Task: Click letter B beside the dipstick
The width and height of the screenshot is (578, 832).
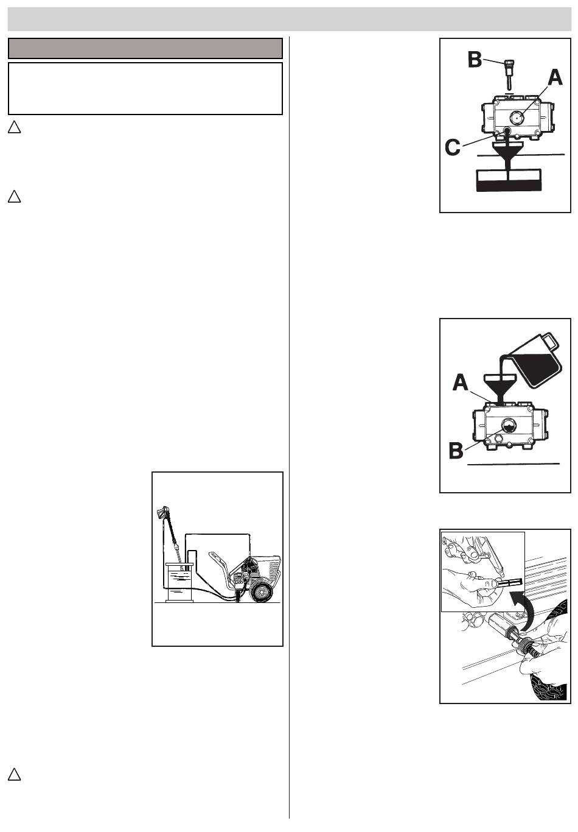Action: (x=475, y=60)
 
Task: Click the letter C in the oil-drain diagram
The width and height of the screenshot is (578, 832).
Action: (x=453, y=147)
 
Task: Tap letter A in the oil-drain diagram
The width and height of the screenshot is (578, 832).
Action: (x=555, y=78)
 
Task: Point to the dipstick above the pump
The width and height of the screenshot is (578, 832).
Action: (x=509, y=74)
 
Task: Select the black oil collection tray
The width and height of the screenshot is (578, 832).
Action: (x=507, y=181)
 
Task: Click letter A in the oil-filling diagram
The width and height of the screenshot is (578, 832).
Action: (x=461, y=383)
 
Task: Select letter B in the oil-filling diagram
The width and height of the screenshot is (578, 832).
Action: (x=456, y=451)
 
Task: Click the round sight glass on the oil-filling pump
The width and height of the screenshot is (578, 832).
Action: (x=508, y=425)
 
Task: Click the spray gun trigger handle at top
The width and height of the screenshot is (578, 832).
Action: (x=161, y=513)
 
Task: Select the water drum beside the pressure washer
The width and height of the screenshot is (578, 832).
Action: (x=180, y=582)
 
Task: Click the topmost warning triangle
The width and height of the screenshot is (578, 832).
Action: (x=14, y=127)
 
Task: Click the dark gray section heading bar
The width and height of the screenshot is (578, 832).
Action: (x=145, y=48)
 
